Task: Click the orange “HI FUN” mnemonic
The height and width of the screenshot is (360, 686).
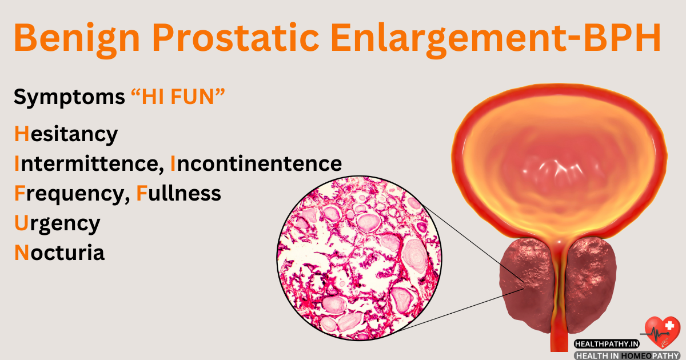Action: pos(177,98)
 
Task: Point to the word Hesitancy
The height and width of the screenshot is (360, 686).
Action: pos(66,134)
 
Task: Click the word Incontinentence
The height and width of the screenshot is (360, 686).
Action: pos(257,164)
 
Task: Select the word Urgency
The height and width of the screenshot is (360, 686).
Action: pos(57,223)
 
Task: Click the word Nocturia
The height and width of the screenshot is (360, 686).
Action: pos(59,253)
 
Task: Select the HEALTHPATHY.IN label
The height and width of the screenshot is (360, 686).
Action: pos(608,345)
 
